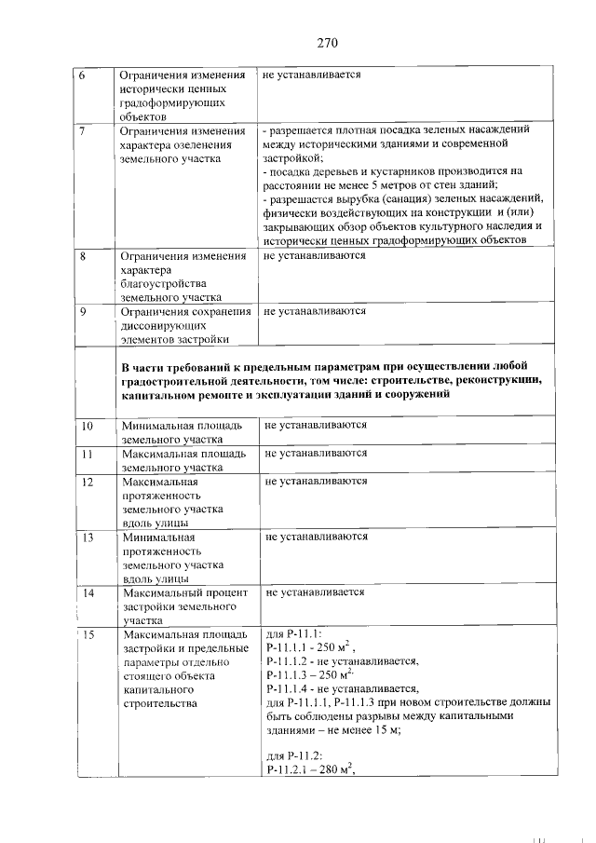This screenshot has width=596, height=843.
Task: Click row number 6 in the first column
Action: click(81, 75)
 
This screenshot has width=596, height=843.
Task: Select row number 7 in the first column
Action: click(81, 130)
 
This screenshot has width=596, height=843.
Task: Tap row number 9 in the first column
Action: click(82, 311)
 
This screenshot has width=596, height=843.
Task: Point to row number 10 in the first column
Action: click(85, 426)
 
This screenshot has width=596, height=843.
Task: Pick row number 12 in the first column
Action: click(85, 482)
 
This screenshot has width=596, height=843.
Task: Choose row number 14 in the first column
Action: click(86, 592)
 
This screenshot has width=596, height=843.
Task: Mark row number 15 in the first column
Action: click(87, 635)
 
